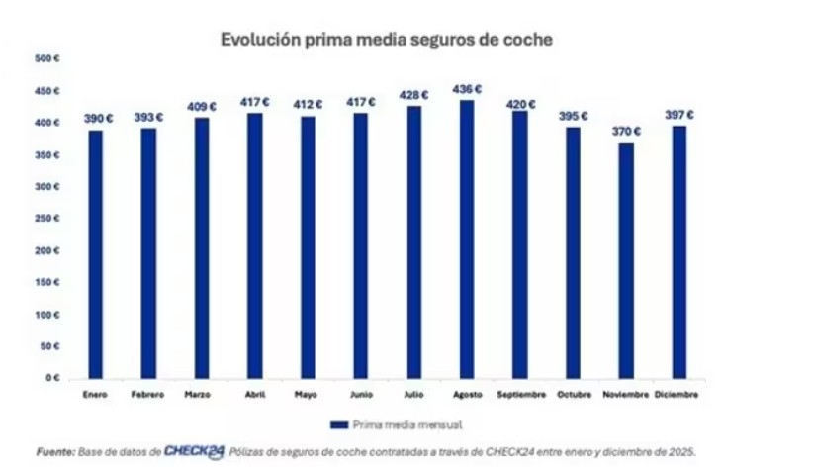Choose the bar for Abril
254,245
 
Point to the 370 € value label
625,131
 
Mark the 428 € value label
413,95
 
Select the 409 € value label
202,106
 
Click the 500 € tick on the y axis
48,59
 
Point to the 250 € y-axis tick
48,219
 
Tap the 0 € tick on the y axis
53,378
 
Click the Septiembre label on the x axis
520,395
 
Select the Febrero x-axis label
148,395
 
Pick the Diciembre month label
678,395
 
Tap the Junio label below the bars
360,395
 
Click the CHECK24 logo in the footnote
194,451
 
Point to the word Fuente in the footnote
55,452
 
